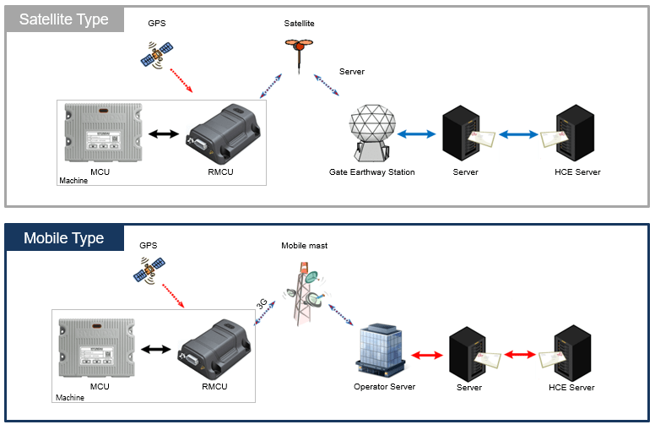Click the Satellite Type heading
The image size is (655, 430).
pyautogui.click(x=64, y=19)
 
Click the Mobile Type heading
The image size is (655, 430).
pyautogui.click(x=64, y=237)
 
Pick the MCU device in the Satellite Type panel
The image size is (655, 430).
pyautogui.click(x=101, y=134)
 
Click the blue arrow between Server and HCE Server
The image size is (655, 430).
pyautogui.click(x=518, y=134)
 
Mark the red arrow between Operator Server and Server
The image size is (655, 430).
pyautogui.click(x=430, y=356)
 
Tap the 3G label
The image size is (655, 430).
pyautogui.click(x=262, y=302)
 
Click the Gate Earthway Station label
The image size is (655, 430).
pyautogui.click(x=371, y=172)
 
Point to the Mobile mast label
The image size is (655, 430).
pyautogui.click(x=304, y=246)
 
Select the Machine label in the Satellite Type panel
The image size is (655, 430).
pyautogui.click(x=73, y=181)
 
